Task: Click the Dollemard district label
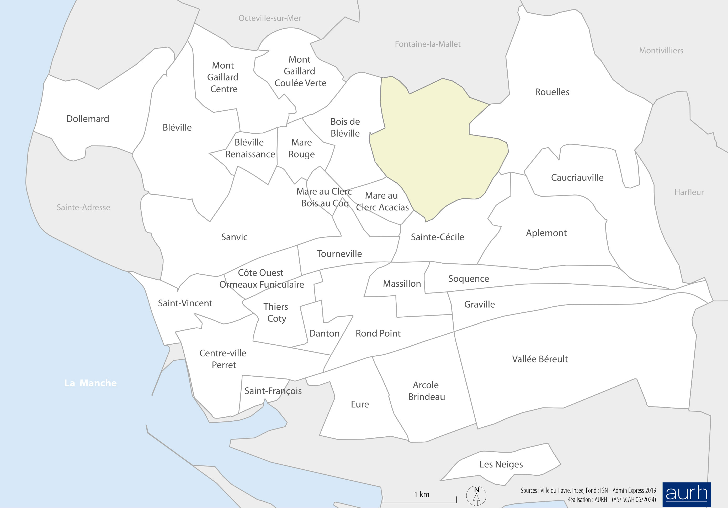pyautogui.click(x=88, y=119)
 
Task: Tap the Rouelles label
pyautogui.click(x=552, y=92)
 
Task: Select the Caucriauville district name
pyautogui.click(x=577, y=178)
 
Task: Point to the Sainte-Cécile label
pyautogui.click(x=437, y=237)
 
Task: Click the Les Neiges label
pyautogui.click(x=501, y=464)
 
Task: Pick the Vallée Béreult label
pyautogui.click(x=540, y=359)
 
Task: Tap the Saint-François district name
pyautogui.click(x=273, y=391)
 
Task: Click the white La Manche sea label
pyautogui.click(x=90, y=383)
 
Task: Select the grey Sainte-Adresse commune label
pyautogui.click(x=83, y=208)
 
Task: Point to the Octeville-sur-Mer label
pyautogui.click(x=269, y=18)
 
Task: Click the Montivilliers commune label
pyautogui.click(x=661, y=51)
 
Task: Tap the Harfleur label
pyautogui.click(x=689, y=192)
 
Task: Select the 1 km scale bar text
pyautogui.click(x=421, y=495)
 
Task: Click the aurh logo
pyautogui.click(x=687, y=495)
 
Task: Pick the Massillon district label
pyautogui.click(x=402, y=284)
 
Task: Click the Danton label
pyautogui.click(x=324, y=334)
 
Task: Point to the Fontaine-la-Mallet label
pyautogui.click(x=427, y=44)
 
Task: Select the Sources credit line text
pyautogui.click(x=588, y=491)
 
